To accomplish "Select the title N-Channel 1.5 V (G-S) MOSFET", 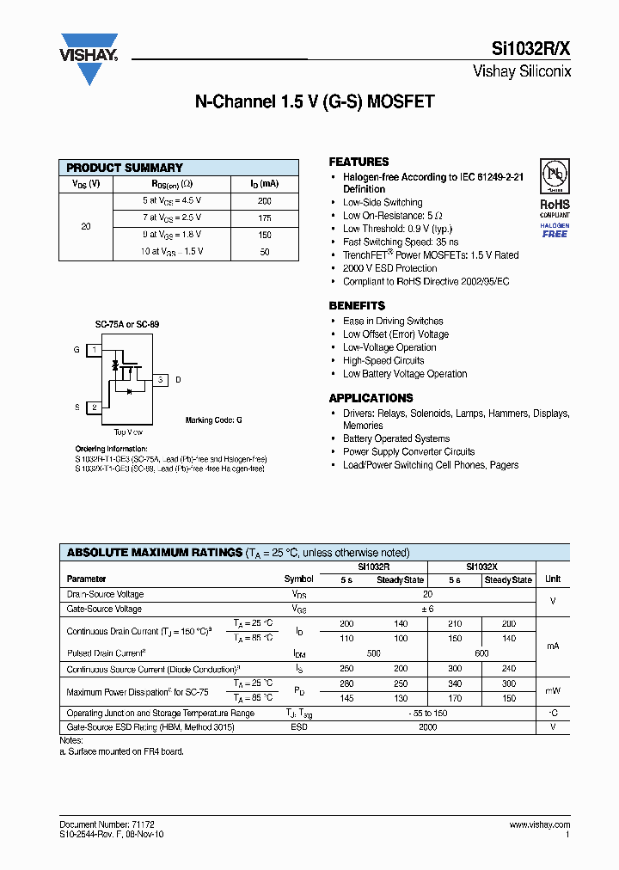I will [x=315, y=101].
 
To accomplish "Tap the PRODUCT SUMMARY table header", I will [x=125, y=168].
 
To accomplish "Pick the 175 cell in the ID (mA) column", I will [x=264, y=217].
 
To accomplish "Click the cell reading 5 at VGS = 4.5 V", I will [x=172, y=200].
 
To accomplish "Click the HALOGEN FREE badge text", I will [x=555, y=230].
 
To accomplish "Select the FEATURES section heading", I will [x=359, y=162].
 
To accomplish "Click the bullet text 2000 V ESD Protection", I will [x=389, y=268].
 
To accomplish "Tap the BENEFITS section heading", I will [x=357, y=306].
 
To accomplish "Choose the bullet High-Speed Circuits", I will [x=383, y=361].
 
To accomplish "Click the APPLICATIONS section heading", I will [x=371, y=398].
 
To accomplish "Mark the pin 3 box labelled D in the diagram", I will [x=161, y=379].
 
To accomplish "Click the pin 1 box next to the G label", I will [x=94, y=350].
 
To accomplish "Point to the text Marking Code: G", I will [x=213, y=420].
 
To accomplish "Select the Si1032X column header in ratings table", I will [x=481, y=567].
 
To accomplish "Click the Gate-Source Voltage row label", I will [x=104, y=609].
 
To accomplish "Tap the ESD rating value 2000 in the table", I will [x=427, y=727].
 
